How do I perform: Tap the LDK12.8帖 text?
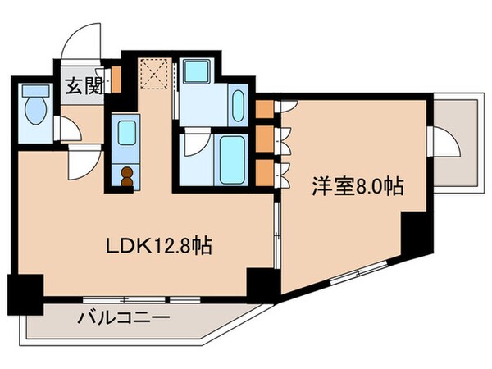click(161, 245)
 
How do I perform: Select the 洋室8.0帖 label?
click(356, 187)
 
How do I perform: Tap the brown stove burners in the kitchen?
click(128, 176)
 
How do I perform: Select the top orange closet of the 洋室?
click(264, 109)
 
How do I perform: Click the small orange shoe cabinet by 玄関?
click(116, 81)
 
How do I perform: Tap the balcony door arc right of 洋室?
click(449, 143)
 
